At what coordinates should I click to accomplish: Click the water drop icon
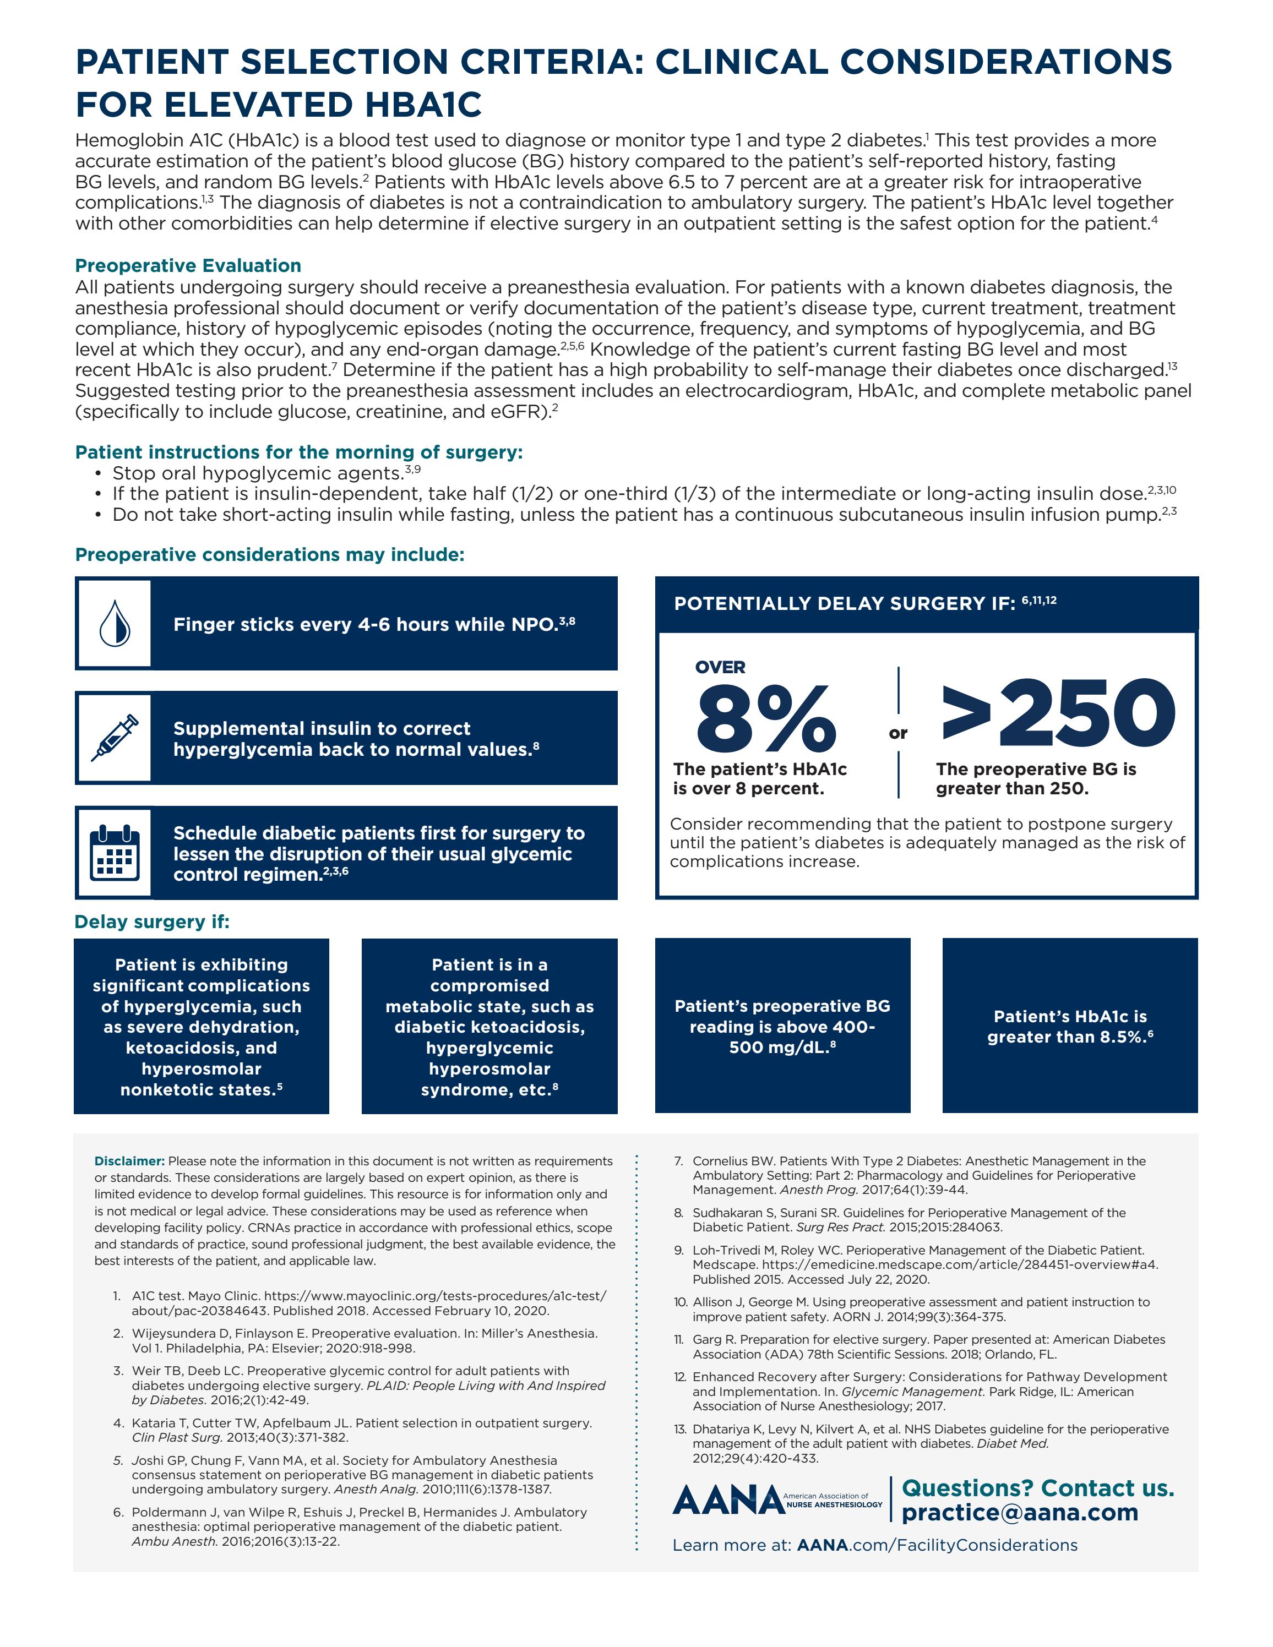click(x=115, y=624)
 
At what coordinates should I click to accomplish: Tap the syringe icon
click(x=115, y=738)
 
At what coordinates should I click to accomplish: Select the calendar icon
click(x=115, y=853)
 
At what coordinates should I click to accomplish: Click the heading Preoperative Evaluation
click(x=188, y=265)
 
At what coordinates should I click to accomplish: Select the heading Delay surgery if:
click(x=151, y=921)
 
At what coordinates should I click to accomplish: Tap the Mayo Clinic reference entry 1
click(x=362, y=1302)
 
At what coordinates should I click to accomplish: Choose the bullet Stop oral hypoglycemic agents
click(x=257, y=473)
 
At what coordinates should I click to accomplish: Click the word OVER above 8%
click(x=720, y=667)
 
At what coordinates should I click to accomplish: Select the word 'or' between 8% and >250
click(x=898, y=733)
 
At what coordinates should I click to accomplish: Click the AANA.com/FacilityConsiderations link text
click(x=937, y=1545)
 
